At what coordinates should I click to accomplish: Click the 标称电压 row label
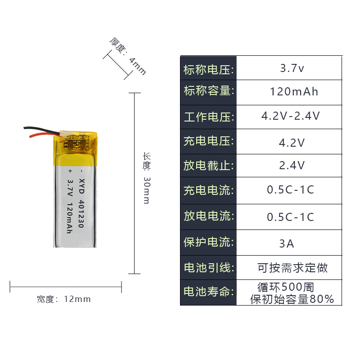(208, 70)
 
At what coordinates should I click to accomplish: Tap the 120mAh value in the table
(294, 92)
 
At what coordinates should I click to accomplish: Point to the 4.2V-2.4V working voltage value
(291, 116)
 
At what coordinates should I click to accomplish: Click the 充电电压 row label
(208, 141)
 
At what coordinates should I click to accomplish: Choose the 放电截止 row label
(208, 165)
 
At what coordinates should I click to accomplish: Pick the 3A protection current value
(287, 244)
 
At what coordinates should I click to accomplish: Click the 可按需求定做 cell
(292, 268)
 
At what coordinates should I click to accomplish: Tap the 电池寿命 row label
(208, 292)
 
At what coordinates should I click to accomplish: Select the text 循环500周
(285, 287)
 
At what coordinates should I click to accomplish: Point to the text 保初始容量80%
(292, 299)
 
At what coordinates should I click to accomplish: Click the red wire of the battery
(40, 134)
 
